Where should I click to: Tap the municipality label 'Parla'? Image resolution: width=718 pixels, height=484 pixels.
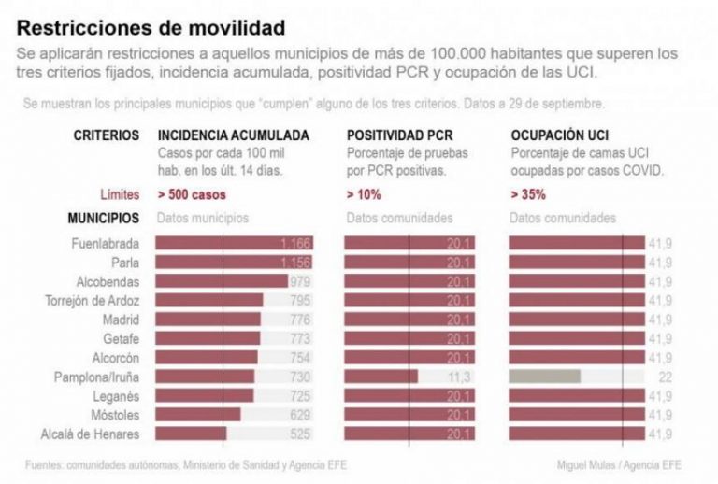point(125,263)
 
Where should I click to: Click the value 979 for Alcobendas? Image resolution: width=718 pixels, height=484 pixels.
point(299,281)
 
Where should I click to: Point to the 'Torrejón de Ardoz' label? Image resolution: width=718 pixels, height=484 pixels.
point(93,300)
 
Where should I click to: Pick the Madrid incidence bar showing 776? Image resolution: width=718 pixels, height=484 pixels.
point(208,320)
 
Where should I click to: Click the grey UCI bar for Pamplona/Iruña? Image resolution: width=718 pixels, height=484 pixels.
point(544,377)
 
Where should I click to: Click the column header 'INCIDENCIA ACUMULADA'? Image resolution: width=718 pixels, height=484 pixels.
point(234,135)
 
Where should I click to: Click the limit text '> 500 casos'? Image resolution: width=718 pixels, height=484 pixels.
point(192,195)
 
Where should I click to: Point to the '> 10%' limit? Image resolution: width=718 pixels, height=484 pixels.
point(363,195)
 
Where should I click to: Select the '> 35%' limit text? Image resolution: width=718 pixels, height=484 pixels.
point(528,195)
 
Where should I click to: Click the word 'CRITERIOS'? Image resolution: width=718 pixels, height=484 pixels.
point(107,135)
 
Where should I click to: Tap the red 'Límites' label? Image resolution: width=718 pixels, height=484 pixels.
point(120,195)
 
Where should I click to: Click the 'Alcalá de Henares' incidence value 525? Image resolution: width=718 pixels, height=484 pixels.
point(299,434)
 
